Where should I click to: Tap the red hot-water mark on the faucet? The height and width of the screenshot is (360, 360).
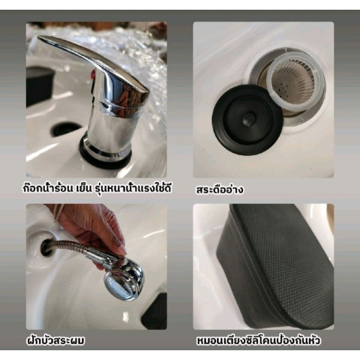(93, 74)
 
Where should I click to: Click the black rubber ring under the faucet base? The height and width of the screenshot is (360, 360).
(105, 156)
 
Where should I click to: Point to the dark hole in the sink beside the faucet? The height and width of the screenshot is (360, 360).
(66, 130)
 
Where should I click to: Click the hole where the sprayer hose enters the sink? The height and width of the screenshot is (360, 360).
(47, 247)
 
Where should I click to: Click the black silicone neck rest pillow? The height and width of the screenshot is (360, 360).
(275, 266)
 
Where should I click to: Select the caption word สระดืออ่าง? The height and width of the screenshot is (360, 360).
(220, 190)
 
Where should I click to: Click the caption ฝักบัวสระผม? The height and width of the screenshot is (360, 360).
(55, 340)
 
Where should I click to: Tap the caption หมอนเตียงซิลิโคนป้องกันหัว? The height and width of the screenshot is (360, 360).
(258, 340)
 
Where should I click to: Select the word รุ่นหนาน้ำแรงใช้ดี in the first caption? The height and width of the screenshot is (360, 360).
(133, 188)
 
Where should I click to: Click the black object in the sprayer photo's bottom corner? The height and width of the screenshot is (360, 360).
(154, 312)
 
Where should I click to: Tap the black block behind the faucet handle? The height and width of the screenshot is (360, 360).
(39, 85)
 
